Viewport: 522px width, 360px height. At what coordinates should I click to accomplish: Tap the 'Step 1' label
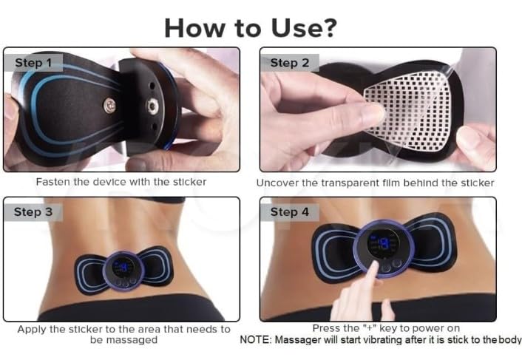[33, 63]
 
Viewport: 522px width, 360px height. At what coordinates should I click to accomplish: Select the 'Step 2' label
[289, 63]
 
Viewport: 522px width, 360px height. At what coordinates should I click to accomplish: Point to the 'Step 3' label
[33, 212]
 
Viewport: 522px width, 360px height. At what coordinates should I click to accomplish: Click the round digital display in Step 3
[123, 270]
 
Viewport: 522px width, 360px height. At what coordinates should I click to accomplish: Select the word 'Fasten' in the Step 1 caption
[52, 181]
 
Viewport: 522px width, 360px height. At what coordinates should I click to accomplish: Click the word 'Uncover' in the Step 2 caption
[277, 182]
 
